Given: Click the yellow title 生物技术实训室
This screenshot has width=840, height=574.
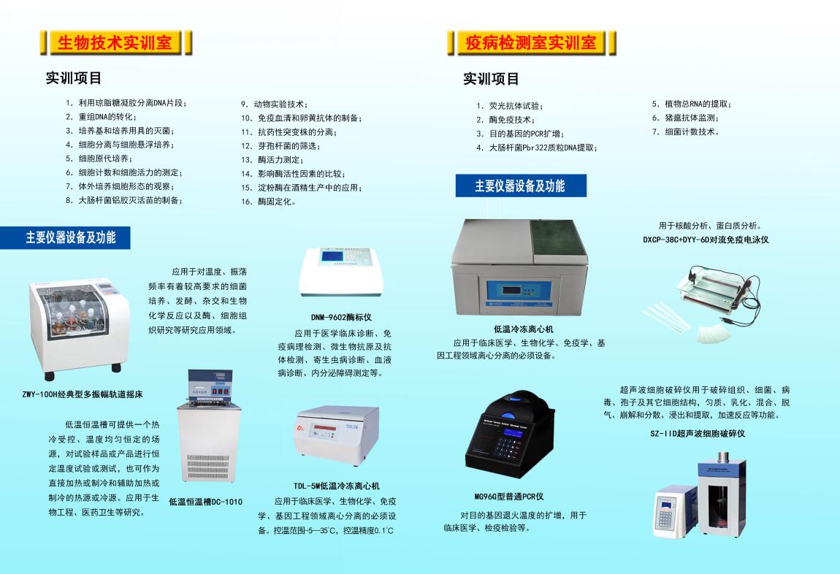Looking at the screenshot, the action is [115, 42].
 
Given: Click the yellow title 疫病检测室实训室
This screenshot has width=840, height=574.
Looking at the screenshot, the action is [530, 42].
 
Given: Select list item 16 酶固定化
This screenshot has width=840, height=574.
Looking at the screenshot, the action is [268, 202].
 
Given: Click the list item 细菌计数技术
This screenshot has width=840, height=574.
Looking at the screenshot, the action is [686, 131].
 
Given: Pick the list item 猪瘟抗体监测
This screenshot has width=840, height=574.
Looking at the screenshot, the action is [685, 118].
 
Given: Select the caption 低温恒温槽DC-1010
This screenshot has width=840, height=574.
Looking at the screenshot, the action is [206, 502].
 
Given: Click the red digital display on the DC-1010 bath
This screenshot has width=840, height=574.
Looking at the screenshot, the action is [213, 391].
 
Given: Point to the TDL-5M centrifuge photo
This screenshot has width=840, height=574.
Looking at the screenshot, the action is [337, 437].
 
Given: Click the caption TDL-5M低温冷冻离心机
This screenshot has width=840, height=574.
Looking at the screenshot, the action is [337, 486].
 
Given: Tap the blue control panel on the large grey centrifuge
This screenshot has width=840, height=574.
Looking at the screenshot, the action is [519, 292].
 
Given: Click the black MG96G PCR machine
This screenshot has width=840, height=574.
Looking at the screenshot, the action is [509, 436].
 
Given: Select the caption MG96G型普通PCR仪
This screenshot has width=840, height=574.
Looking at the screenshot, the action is [509, 497].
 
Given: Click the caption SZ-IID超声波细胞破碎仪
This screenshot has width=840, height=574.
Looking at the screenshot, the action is [698, 434].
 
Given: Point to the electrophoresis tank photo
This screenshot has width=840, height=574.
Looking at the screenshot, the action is [707, 302].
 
